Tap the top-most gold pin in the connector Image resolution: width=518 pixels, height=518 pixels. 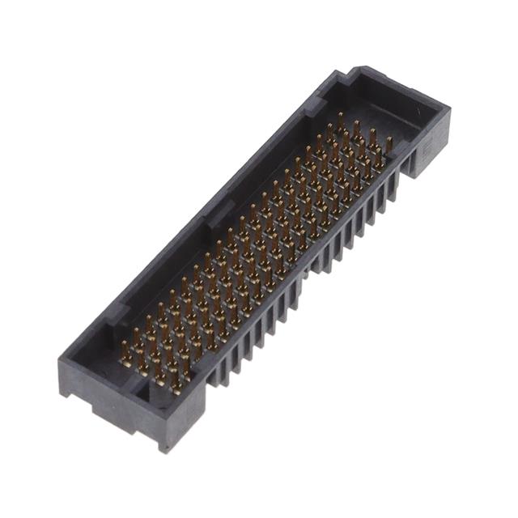tap(340, 121)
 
